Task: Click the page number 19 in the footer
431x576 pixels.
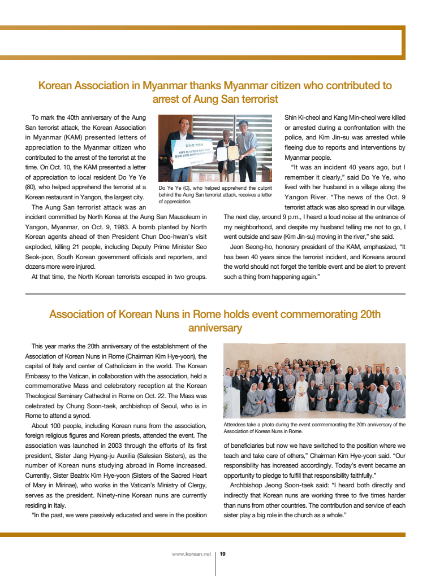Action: click(x=223, y=554)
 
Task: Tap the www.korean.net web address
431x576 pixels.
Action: click(x=191, y=554)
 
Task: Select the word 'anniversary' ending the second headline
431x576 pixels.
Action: click(x=215, y=328)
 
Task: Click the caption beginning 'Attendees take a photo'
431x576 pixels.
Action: click(x=314, y=427)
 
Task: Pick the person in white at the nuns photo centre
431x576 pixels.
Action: click(x=302, y=395)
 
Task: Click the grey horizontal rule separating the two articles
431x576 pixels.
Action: click(x=215, y=294)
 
